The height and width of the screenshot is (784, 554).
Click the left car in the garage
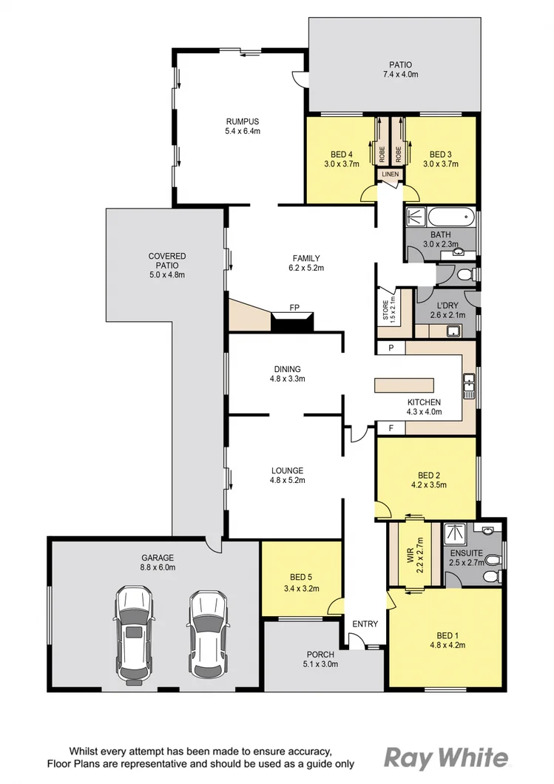(x=133, y=635)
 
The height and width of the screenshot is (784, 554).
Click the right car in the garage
(x=206, y=633)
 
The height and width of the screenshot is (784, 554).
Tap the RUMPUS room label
(x=243, y=121)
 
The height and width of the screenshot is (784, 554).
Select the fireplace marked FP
(x=294, y=322)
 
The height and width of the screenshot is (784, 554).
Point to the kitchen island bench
(x=405, y=385)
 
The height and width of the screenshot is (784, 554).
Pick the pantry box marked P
(x=391, y=348)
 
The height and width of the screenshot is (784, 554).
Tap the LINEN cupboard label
(x=390, y=175)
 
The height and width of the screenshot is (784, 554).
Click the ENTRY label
(x=365, y=624)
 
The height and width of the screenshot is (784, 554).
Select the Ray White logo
(x=447, y=757)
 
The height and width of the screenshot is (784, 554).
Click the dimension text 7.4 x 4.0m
(x=400, y=75)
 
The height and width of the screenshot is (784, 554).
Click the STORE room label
(x=385, y=311)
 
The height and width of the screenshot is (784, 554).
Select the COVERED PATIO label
(x=166, y=261)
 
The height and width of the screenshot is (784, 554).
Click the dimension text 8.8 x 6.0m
(x=158, y=567)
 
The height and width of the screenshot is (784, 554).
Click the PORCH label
(x=320, y=655)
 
